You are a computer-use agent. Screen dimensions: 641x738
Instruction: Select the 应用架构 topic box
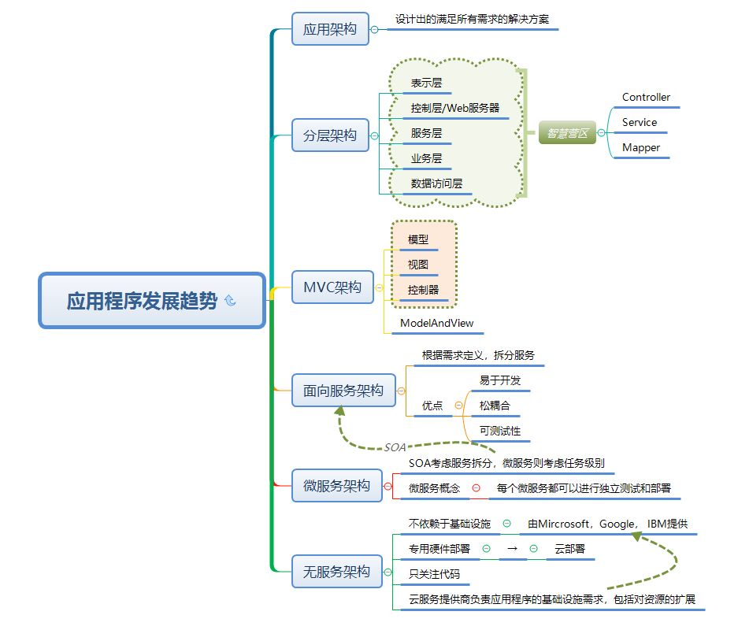(330, 29)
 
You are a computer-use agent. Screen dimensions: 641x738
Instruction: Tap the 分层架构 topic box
(330, 135)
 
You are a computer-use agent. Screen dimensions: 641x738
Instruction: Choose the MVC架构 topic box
(332, 287)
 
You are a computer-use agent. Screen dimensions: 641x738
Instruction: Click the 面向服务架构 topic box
(343, 391)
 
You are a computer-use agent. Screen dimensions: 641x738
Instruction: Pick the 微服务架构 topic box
(336, 486)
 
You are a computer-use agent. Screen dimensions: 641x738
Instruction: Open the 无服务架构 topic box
(336, 572)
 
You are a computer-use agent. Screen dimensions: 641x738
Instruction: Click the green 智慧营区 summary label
(567, 133)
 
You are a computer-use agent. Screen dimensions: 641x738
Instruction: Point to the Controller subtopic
(646, 98)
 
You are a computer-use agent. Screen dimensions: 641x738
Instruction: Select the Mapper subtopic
(641, 148)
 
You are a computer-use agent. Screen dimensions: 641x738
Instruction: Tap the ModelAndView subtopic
(436, 324)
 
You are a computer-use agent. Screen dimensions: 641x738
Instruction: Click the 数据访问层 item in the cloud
(436, 184)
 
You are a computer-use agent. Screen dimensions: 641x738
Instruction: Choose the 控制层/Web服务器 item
(454, 108)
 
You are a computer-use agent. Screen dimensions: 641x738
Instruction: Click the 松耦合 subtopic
(495, 406)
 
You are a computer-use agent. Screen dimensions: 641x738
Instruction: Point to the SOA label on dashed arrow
(395, 447)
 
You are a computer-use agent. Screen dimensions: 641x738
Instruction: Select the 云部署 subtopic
(569, 549)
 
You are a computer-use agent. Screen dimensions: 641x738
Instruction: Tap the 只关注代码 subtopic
(434, 574)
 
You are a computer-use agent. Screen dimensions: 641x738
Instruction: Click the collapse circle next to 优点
(459, 406)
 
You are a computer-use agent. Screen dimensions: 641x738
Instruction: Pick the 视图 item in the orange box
(418, 265)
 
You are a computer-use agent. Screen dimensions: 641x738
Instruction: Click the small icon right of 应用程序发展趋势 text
(230, 301)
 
